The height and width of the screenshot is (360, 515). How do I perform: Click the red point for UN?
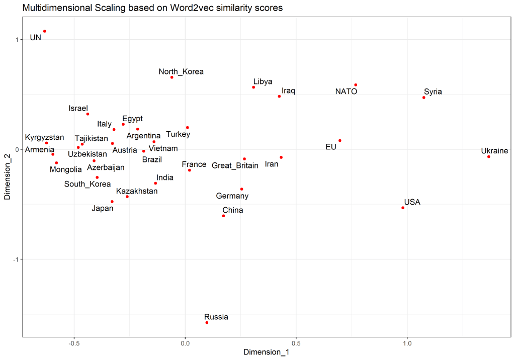pyautogui.click(x=44, y=31)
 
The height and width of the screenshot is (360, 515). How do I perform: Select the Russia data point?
pyautogui.click(x=207, y=322)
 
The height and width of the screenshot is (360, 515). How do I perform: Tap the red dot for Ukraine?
pyautogui.click(x=488, y=157)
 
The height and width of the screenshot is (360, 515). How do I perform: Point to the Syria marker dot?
pyautogui.click(x=424, y=98)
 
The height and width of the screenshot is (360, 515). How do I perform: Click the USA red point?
pyautogui.click(x=403, y=208)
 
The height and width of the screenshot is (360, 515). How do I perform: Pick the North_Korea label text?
pyautogui.click(x=181, y=72)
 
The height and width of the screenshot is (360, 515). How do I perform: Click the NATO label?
pyautogui.click(x=346, y=92)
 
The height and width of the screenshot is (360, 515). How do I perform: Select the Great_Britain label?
pyautogui.click(x=235, y=165)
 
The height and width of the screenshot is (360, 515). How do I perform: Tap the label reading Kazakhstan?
pyautogui.click(x=137, y=192)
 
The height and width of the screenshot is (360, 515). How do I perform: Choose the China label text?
pyautogui.click(x=232, y=210)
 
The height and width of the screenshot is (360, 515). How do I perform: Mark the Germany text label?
pyautogui.click(x=232, y=196)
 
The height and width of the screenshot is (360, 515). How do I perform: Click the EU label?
pyautogui.click(x=330, y=147)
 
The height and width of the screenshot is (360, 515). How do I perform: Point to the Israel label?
pyautogui.click(x=78, y=108)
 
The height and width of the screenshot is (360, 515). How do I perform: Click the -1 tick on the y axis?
pyautogui.click(x=15, y=259)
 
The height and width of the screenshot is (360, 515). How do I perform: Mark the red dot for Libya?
pyautogui.click(x=253, y=87)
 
